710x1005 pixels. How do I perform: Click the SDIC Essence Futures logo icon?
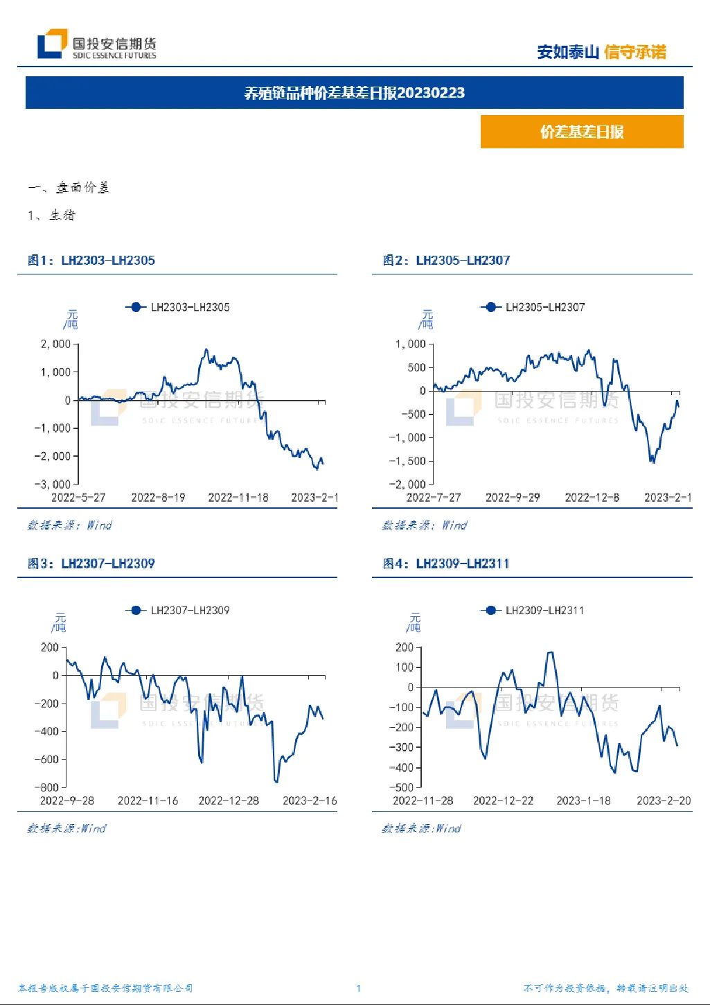pos(53,44)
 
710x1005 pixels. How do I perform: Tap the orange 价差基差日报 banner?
pos(582,132)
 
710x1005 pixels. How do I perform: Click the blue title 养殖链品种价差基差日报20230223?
pos(355,93)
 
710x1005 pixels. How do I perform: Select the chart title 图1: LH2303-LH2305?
pos(91,260)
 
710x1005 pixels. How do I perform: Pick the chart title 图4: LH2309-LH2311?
pos(446,563)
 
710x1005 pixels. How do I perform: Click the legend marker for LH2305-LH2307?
pos(490,307)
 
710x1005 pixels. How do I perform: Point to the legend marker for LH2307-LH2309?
pos(136,610)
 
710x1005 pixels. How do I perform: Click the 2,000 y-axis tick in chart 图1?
pos(55,344)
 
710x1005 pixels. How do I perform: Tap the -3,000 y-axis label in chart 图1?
pos(53,484)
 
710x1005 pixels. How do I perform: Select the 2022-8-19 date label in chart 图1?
pos(158,498)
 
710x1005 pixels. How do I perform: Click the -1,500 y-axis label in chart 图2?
pos(407,461)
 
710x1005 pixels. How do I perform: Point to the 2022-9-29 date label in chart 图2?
pos(513,498)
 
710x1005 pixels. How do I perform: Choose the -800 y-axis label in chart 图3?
pos(46,787)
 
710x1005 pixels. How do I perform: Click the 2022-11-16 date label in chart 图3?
pos(148,801)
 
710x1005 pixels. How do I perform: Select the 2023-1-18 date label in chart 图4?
pos(583,801)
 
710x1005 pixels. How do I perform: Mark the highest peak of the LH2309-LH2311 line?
pos(551,652)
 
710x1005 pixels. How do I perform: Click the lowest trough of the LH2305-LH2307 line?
pos(652,461)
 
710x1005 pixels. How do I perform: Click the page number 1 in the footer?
pos(358,988)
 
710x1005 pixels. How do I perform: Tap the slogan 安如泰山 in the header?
pos(568,52)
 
